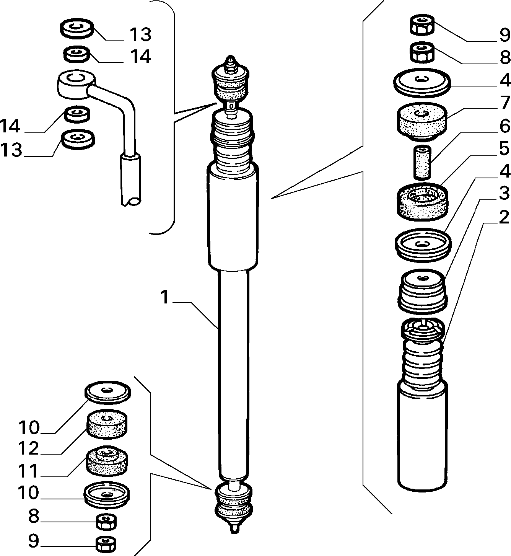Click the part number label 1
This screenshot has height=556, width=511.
coord(165,297)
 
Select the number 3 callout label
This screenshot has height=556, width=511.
coord(504,193)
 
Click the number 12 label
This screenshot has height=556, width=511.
coord(28,448)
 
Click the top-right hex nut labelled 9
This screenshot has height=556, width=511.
coord(422,25)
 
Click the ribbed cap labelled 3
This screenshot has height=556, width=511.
coord(423,290)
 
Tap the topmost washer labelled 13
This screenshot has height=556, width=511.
coord(77,28)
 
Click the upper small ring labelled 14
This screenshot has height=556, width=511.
coord(77,54)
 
